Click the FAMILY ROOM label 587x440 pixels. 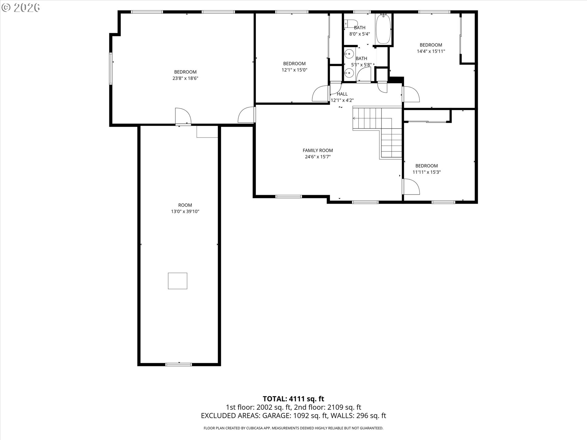[x=318, y=150]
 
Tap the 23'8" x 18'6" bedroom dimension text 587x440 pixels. [x=185, y=78]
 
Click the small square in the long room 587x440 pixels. [x=178, y=281]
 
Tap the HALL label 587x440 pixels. [x=342, y=94]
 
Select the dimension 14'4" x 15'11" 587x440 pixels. [x=431, y=51]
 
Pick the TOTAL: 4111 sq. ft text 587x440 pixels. [x=293, y=399]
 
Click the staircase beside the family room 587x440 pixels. [x=379, y=128]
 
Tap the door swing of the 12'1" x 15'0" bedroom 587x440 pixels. [x=320, y=94]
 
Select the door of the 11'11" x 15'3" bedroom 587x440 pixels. [x=412, y=187]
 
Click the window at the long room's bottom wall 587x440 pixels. [x=179, y=364]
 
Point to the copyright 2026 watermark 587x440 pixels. [x=20, y=8]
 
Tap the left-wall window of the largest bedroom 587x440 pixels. [x=111, y=68]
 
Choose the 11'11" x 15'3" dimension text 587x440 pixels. [x=426, y=172]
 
